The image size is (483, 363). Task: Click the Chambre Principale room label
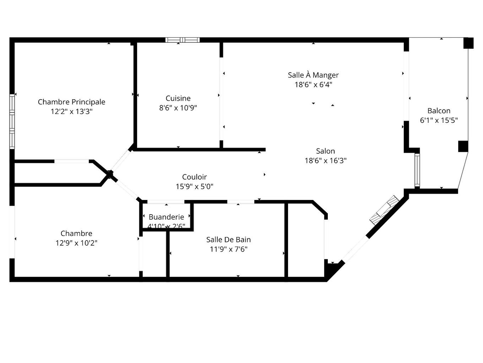(71, 102)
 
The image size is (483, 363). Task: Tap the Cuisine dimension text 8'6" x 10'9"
(178, 108)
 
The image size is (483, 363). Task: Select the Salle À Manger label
(313, 75)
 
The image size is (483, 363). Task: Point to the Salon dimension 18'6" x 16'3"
(325, 161)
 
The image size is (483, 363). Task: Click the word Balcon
(439, 111)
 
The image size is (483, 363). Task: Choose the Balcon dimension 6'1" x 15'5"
(439, 120)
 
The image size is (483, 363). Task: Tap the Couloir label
(194, 177)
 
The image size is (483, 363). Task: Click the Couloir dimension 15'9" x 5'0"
(194, 186)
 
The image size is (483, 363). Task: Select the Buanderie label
(166, 217)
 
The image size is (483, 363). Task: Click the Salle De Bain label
(228, 240)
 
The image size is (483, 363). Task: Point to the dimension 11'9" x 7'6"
(228, 249)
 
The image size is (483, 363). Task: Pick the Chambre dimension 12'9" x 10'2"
(76, 243)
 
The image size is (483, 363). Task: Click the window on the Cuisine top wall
(183, 40)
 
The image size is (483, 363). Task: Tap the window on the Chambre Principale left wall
(12, 121)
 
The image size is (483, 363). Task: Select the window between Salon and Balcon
(417, 170)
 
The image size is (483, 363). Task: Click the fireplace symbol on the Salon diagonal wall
(384, 210)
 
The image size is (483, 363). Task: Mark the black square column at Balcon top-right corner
(468, 43)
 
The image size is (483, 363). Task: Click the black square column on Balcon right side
(463, 146)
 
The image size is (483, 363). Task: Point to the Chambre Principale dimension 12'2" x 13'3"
(71, 111)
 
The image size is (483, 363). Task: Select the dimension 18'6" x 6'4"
(313, 85)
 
